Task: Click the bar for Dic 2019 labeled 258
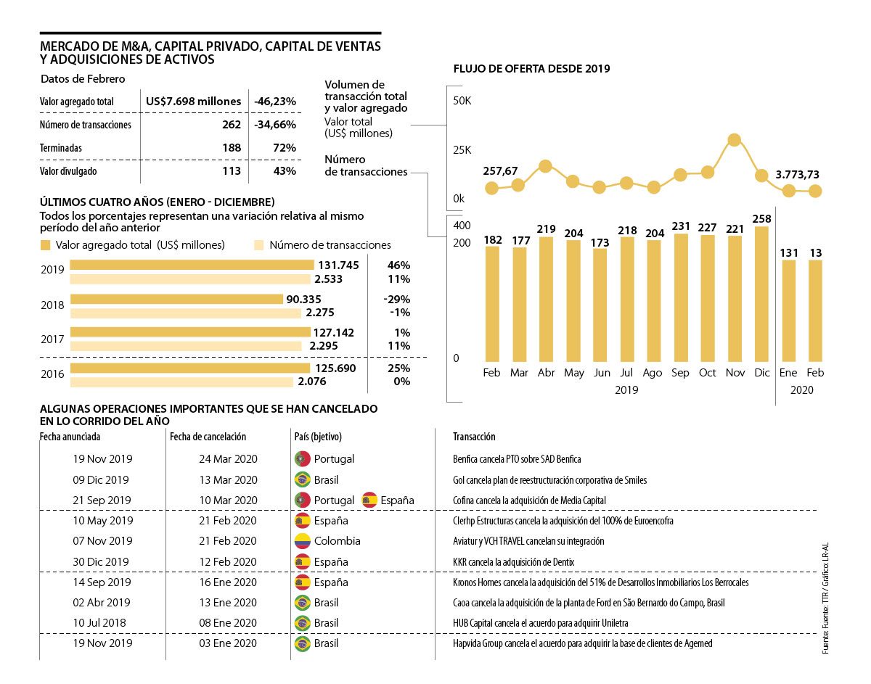[761, 294]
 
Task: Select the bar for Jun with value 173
[600, 305]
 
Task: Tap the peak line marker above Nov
[734, 140]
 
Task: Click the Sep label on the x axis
[680, 373]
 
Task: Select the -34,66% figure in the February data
[275, 125]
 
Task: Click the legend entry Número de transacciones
[330, 245]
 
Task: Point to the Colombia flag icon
[302, 540]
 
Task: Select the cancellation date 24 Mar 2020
[228, 459]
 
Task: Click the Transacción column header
[474, 437]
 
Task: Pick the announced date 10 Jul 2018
[102, 623]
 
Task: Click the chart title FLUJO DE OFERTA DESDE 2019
[531, 69]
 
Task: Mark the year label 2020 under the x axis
[802, 390]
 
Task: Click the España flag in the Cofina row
[370, 500]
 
